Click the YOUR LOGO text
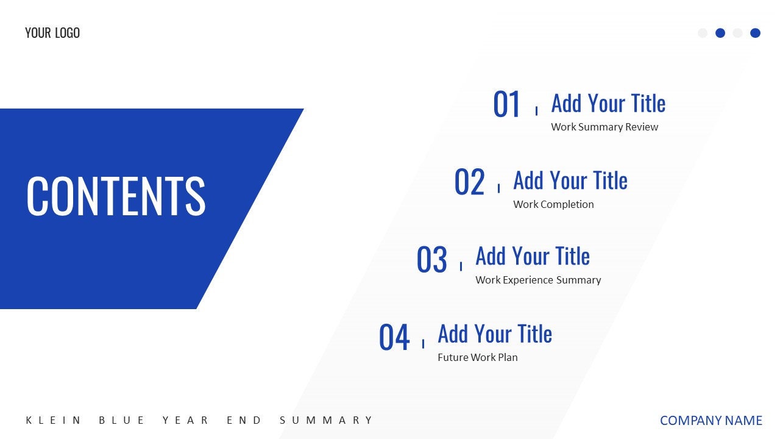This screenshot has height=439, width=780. click(52, 33)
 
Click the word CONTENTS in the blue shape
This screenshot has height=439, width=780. click(116, 196)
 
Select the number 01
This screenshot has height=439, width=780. click(507, 105)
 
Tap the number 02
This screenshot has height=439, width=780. click(469, 182)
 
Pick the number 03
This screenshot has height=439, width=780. click(431, 260)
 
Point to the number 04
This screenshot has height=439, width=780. click(394, 338)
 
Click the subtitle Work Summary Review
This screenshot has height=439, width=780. click(604, 127)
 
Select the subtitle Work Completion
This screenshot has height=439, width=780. click(553, 204)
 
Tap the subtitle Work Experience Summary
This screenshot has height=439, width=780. click(538, 280)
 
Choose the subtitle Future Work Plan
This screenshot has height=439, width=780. click(478, 357)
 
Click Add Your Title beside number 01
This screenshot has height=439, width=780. click(608, 104)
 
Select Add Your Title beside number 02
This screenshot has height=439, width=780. click(570, 180)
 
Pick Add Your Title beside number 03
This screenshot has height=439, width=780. click(533, 257)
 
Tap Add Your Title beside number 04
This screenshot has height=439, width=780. click(495, 334)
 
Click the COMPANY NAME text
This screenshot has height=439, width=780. click(711, 421)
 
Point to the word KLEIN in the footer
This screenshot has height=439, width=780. click(54, 420)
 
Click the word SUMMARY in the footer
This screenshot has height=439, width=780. click(327, 420)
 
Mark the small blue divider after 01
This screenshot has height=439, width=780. click(536, 110)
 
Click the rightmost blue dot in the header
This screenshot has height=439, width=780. click(755, 33)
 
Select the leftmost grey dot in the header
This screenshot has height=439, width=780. click(703, 33)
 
